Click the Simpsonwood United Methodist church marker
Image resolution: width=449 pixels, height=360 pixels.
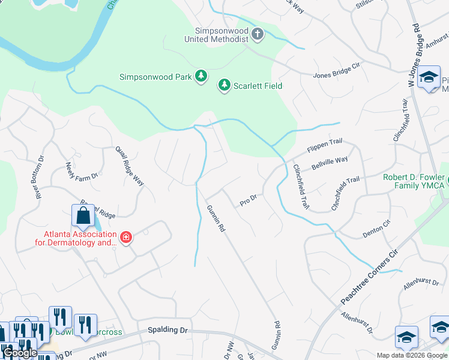coord(258,34)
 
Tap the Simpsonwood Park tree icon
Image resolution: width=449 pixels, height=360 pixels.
coord(202,76)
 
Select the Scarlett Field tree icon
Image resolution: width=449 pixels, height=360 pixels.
coord(224,85)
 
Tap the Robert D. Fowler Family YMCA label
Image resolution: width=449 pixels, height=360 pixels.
coord(414,181)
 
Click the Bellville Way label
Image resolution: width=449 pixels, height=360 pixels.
coord(329,162)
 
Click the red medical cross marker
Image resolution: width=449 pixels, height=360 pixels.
coord(126,238)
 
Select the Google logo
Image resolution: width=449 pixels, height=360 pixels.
coord(20,353)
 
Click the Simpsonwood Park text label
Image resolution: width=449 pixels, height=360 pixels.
coord(155,77)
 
